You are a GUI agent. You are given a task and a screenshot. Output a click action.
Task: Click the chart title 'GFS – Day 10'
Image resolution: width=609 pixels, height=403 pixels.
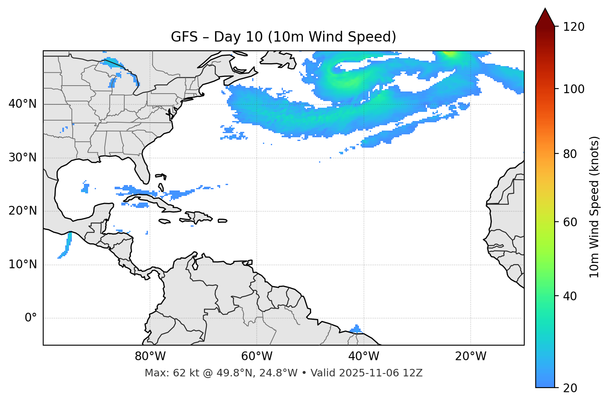click(283, 37)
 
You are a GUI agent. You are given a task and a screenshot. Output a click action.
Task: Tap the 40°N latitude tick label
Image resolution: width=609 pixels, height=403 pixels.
click(22, 104)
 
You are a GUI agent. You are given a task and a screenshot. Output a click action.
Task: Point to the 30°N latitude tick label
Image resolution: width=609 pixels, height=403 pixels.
click(22, 158)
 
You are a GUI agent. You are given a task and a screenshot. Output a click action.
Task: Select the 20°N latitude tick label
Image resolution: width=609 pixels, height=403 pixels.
click(22, 211)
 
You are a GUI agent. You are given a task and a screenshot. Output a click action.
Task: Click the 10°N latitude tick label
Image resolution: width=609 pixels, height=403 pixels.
click(22, 265)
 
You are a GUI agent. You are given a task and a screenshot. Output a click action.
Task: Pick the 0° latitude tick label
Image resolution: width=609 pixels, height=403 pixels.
click(30, 318)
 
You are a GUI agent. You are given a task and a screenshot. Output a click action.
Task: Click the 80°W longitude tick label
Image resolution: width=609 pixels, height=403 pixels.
click(150, 356)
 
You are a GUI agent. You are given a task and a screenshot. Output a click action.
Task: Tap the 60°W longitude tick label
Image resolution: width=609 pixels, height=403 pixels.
click(257, 356)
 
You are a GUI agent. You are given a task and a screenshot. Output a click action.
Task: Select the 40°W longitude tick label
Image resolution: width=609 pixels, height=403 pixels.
click(363, 356)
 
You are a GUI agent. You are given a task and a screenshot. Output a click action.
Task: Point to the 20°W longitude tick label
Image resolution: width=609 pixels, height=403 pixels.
click(471, 356)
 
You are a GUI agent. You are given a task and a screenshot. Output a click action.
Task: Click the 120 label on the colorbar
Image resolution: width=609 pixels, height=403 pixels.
click(574, 27)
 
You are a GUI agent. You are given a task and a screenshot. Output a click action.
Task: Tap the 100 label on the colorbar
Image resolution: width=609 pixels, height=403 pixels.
click(574, 89)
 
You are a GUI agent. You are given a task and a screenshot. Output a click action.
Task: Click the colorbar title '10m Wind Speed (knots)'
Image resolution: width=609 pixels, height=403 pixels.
click(594, 207)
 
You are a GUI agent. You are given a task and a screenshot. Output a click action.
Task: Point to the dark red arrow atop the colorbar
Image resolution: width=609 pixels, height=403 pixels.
click(545, 17)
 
